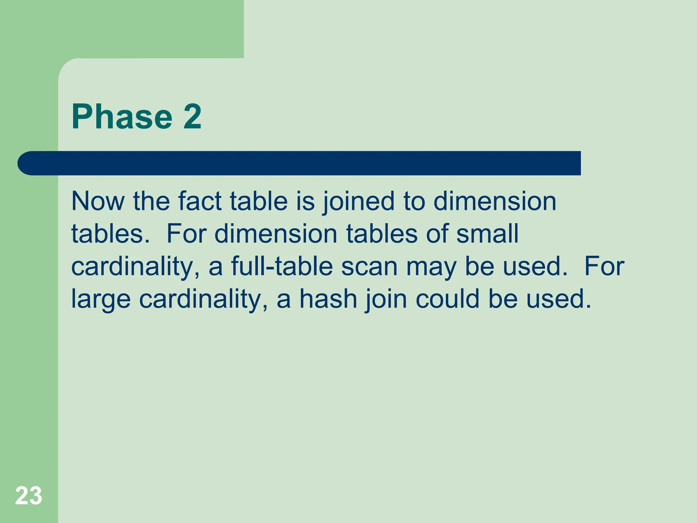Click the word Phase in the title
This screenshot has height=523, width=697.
point(122,117)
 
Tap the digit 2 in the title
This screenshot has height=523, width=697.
point(193,117)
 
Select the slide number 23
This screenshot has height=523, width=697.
point(29,495)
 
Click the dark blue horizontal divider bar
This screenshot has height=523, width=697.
point(299,163)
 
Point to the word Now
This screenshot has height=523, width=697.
point(98,201)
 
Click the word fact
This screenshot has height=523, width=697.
point(200,201)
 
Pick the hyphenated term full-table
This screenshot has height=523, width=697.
point(282,266)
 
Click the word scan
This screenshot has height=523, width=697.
point(369,266)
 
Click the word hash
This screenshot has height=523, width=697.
point(328,299)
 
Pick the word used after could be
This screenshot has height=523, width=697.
point(558,299)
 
